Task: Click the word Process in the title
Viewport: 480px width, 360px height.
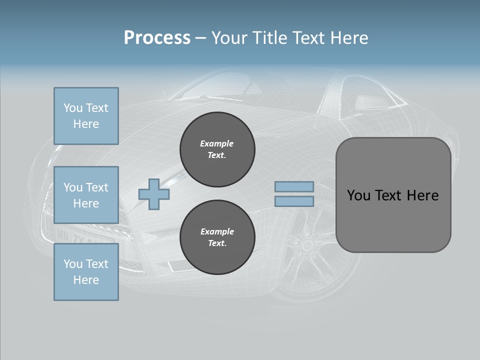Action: (x=157, y=38)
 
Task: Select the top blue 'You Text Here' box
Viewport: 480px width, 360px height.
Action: (x=86, y=116)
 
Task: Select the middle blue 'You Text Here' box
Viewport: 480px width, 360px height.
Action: (x=86, y=195)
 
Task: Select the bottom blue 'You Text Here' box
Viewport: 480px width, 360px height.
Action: (x=86, y=272)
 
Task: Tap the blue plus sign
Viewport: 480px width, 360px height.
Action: (x=154, y=194)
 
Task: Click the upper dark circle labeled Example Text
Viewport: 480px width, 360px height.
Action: (x=217, y=149)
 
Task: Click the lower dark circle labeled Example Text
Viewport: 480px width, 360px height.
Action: (x=217, y=237)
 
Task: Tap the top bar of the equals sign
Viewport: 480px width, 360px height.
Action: (x=294, y=186)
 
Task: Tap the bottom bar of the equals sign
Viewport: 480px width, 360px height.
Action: (x=294, y=201)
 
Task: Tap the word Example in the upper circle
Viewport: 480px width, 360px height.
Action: (x=217, y=143)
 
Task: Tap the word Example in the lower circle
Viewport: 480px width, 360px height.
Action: (x=217, y=231)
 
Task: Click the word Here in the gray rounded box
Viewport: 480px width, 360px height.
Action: (x=423, y=195)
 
